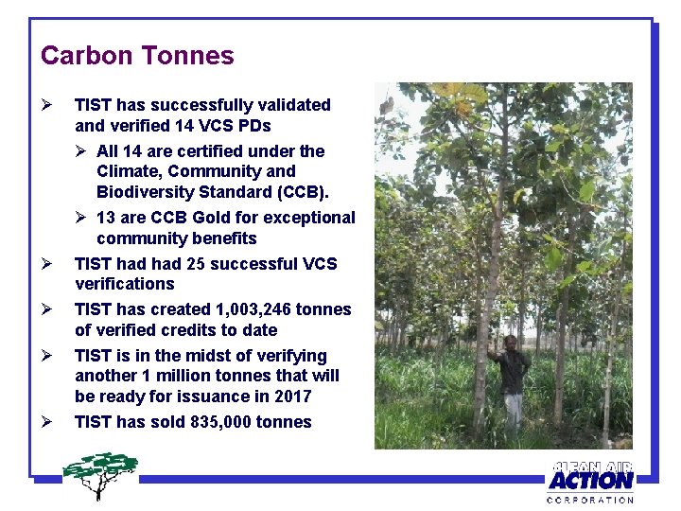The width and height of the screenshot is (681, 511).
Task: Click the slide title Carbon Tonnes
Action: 137,56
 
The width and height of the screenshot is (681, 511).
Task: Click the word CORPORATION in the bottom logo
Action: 590,499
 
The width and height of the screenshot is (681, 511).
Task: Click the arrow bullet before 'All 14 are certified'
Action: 82,151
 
